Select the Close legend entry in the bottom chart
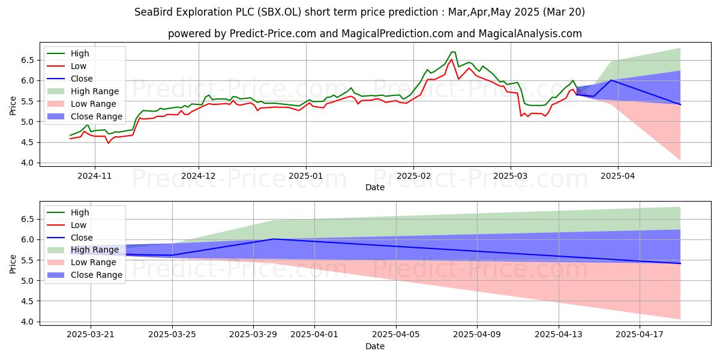(82, 238)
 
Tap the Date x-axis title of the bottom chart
(375, 346)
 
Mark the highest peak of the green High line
(453, 52)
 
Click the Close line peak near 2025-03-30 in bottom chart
(274, 239)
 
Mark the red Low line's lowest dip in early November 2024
(109, 143)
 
